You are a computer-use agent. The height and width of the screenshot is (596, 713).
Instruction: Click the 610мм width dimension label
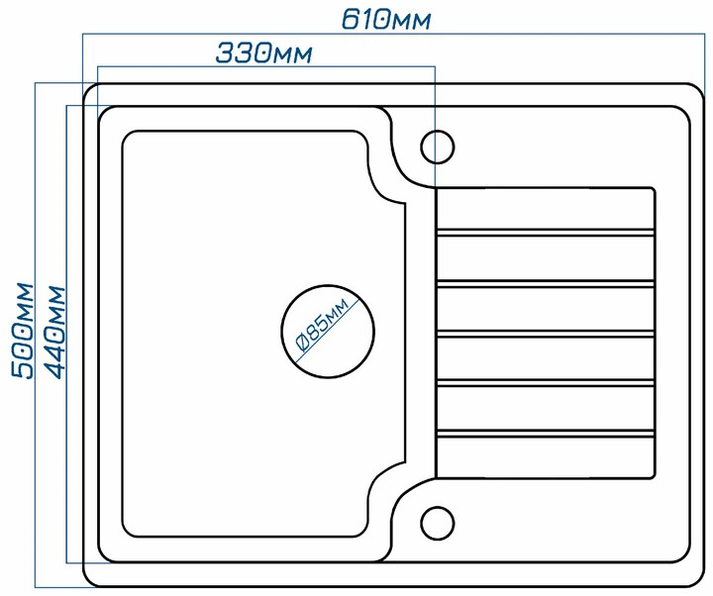[x=385, y=20]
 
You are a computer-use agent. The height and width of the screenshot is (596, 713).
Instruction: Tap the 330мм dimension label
[x=263, y=52]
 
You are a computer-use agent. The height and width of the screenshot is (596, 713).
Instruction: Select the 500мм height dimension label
[x=23, y=331]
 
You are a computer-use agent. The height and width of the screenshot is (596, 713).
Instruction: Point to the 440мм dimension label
[x=55, y=333]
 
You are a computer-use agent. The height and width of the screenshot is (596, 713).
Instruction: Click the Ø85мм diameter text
[x=323, y=326]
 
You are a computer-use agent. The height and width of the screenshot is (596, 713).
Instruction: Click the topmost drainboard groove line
[x=546, y=233]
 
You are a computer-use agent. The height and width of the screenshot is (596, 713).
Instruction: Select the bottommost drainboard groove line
[x=546, y=434]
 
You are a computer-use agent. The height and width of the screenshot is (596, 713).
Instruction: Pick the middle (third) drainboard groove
[x=546, y=334]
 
